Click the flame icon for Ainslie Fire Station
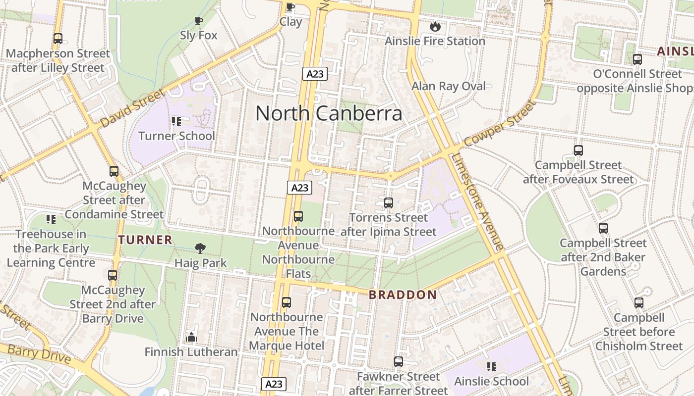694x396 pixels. [x=435, y=27]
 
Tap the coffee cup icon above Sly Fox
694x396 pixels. [x=198, y=21]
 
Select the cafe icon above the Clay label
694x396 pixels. [x=290, y=7]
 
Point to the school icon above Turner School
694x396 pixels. [x=176, y=121]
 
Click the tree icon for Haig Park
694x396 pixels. [x=200, y=248]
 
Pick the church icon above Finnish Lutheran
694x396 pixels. [x=191, y=337]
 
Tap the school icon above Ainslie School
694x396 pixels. [x=491, y=366]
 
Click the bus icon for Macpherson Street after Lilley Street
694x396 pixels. [x=58, y=39]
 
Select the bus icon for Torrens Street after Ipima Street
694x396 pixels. [x=389, y=203]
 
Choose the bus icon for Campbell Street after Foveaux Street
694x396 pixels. [x=578, y=150]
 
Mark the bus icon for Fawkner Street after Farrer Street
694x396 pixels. [x=399, y=362]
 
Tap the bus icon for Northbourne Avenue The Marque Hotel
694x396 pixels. [x=287, y=302]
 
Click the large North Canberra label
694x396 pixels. [x=329, y=113]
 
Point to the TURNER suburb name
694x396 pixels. [x=145, y=240]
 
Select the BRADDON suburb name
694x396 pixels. [x=403, y=295]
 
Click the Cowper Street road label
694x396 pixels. [x=500, y=123]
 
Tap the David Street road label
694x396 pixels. [x=132, y=108]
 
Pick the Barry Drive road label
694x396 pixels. [x=40, y=354]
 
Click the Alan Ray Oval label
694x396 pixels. [x=449, y=86]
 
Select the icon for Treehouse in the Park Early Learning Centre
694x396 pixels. [x=51, y=219]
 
